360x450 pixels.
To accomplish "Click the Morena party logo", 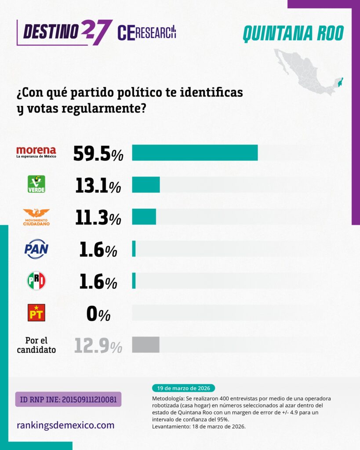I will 36,152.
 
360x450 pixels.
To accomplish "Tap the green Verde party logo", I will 36,184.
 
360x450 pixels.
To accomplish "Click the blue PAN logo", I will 36,249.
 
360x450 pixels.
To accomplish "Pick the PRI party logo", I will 36,281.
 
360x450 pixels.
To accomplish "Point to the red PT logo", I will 36,312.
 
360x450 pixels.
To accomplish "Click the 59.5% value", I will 98,153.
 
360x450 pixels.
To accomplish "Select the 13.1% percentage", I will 98,185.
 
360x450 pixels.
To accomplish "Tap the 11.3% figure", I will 98,218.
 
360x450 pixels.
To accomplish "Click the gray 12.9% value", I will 98,346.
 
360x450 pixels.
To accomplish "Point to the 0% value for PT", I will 98,314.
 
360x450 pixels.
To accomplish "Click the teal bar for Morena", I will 195,152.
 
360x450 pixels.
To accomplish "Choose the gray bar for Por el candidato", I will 145,345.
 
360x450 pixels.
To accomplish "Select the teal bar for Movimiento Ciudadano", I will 144,217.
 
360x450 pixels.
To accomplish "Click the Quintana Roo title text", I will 293,33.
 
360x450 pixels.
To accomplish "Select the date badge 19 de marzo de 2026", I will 183,388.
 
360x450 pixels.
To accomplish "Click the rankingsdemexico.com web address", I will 65,425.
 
